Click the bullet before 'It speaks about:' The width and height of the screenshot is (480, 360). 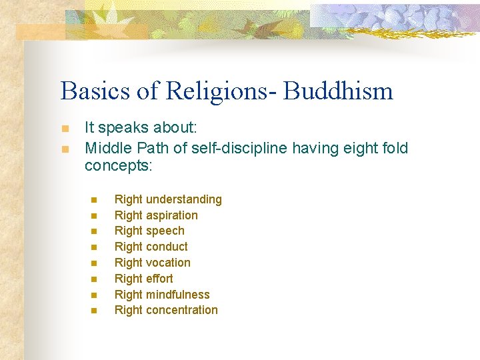click(x=65, y=129)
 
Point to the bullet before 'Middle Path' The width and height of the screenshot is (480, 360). click(x=65, y=148)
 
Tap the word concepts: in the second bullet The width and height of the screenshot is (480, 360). click(x=119, y=166)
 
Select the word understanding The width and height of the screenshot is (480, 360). click(x=183, y=199)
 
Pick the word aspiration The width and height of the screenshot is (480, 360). click(x=171, y=215)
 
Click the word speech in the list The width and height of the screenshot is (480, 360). click(x=165, y=231)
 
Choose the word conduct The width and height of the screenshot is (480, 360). click(x=167, y=247)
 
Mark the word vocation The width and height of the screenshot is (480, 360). click(x=168, y=263)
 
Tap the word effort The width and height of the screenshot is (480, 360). click(x=159, y=279)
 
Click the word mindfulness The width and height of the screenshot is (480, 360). click(x=177, y=295)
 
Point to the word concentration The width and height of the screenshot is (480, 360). click(x=181, y=310)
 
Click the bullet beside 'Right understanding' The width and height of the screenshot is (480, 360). click(x=94, y=200)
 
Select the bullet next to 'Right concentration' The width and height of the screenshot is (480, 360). click(x=94, y=311)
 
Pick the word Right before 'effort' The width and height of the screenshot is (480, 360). click(x=129, y=279)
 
